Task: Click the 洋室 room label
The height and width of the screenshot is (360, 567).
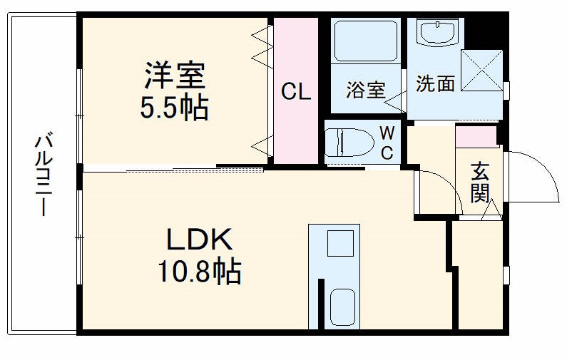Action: click(x=175, y=75)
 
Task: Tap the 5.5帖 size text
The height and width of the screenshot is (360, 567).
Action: click(x=174, y=108)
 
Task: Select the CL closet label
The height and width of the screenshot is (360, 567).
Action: click(x=295, y=92)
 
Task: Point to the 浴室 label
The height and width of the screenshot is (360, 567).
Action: click(x=366, y=90)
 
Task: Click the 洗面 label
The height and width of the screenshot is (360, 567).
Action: click(x=435, y=84)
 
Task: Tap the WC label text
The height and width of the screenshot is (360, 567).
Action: click(x=387, y=142)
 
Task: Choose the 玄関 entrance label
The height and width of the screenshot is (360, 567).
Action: click(x=480, y=181)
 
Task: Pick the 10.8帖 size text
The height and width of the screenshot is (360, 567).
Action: click(x=199, y=272)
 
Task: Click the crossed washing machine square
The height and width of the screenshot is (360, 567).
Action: click(x=481, y=70)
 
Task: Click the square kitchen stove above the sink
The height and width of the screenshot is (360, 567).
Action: click(x=340, y=244)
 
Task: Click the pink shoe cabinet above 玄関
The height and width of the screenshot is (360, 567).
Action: click(x=476, y=135)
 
